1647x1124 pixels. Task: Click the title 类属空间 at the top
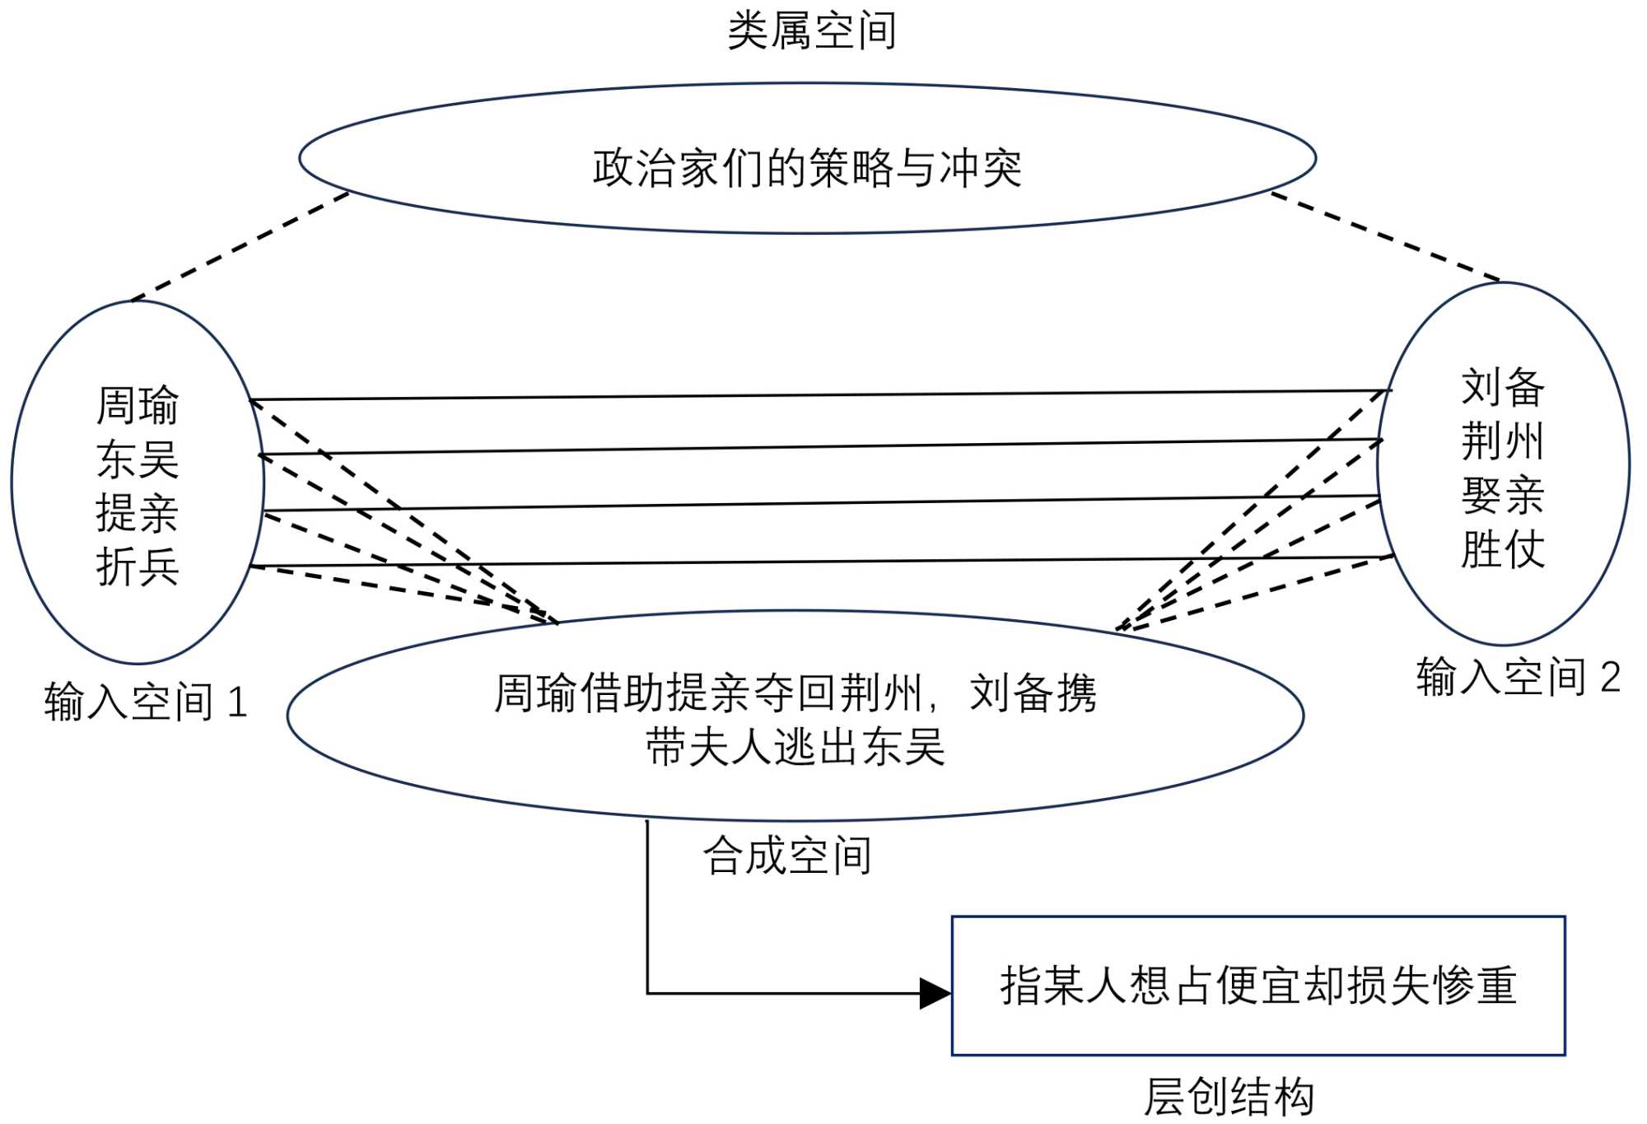pos(811,31)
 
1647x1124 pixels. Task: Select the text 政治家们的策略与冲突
pos(807,167)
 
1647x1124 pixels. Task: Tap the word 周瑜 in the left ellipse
pos(138,405)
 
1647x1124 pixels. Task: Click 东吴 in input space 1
pos(138,459)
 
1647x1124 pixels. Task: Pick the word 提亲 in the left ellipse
pos(138,513)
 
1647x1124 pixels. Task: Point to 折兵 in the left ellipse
pos(138,567)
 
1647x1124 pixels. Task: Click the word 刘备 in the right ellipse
pos(1503,387)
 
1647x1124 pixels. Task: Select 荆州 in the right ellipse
pos(1503,441)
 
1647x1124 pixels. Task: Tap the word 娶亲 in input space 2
pos(1503,495)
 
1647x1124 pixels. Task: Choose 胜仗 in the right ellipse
pos(1503,549)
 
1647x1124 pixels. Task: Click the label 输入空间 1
pos(146,702)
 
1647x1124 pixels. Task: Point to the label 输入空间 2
pos(1518,677)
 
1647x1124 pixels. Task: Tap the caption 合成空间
pos(787,855)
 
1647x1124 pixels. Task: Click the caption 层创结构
pos(1229,1097)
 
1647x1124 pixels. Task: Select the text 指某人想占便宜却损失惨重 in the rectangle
pos(1258,985)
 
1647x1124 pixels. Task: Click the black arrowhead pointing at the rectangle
pos(935,993)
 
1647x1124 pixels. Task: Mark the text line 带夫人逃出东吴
pos(795,747)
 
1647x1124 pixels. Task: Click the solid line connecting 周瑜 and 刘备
pos(823,395)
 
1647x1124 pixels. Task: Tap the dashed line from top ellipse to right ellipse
pos(1385,236)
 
